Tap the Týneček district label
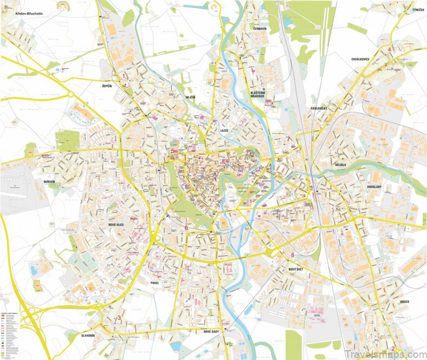coord(402,10)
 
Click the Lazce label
coord(224,131)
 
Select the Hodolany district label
coord(374,186)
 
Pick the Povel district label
coord(151,282)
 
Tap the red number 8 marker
coord(292,255)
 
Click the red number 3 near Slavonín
coord(119,318)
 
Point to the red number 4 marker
coord(389,49)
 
